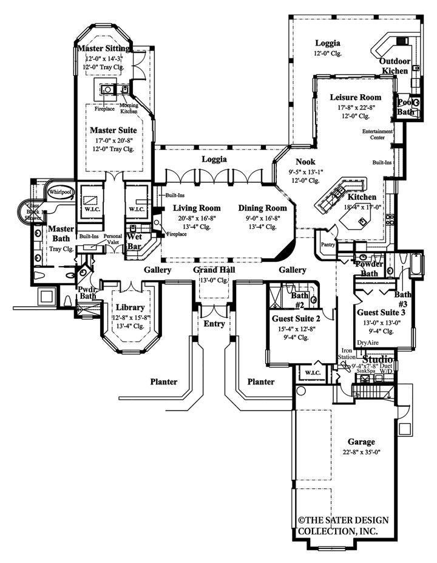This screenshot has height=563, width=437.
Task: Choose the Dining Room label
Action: (x=262, y=207)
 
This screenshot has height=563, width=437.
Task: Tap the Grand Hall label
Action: (x=214, y=270)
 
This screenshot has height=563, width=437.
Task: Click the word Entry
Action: (x=214, y=324)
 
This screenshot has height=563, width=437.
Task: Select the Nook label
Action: (x=306, y=162)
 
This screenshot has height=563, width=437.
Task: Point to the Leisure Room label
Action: (x=356, y=97)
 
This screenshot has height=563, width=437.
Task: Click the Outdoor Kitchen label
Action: (x=395, y=66)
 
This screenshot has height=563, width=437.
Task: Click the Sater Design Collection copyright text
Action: (x=343, y=525)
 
